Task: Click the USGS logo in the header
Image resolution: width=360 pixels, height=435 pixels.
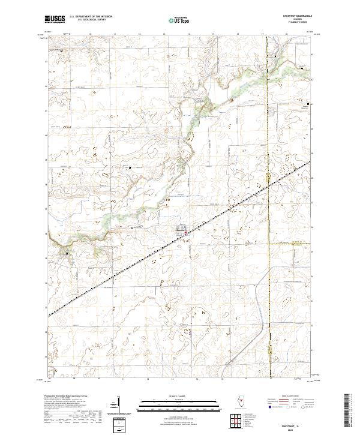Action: click(55, 19)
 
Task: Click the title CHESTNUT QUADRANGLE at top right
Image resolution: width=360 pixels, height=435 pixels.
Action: click(302, 15)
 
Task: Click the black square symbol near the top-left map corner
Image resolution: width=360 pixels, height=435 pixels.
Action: click(62, 50)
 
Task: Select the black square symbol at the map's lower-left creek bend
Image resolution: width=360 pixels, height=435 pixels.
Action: click(67, 253)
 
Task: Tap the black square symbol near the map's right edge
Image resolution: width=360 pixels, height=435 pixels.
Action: click(308, 104)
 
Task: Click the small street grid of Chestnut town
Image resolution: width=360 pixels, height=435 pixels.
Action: click(180, 229)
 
